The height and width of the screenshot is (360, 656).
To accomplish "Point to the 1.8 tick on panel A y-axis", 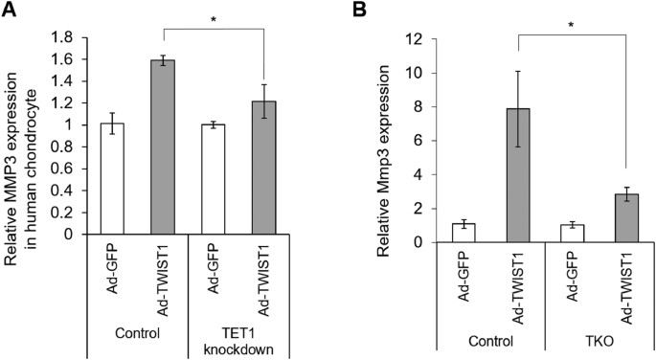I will [x=81, y=38].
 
